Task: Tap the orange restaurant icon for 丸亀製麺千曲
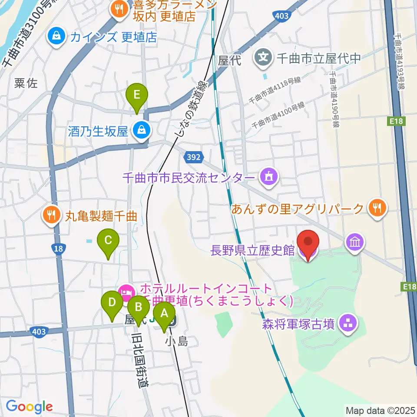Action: pos(52,214)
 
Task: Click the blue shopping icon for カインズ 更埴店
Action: pos(57,37)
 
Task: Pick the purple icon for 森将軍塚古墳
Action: pos(347,323)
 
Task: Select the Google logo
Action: pos(29,407)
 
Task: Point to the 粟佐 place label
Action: pos(26,83)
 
